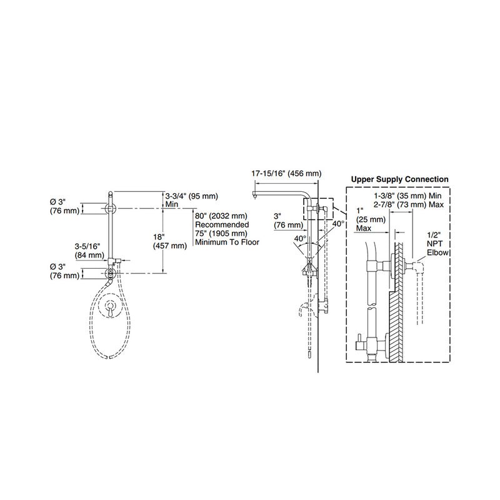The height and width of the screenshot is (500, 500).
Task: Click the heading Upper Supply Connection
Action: [399, 179]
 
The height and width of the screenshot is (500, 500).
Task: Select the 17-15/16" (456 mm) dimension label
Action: [286, 173]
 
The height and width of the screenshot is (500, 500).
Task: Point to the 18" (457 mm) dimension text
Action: [170, 241]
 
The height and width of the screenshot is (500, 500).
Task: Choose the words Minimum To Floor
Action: [226, 242]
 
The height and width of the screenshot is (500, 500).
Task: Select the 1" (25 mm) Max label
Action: [366, 220]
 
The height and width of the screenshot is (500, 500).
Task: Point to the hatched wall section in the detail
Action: [397, 312]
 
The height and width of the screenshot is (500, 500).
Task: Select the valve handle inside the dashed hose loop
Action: [110, 307]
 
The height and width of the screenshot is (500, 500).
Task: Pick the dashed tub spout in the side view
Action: [305, 309]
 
